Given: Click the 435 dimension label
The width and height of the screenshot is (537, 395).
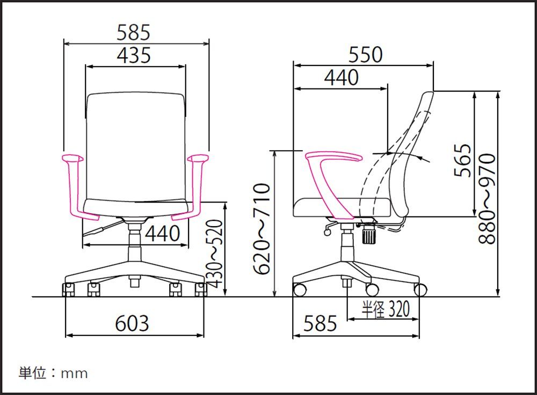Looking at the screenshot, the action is click(134, 55).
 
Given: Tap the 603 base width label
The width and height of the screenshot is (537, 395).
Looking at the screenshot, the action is click(132, 323).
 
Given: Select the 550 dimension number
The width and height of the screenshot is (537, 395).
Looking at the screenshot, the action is click(365, 55).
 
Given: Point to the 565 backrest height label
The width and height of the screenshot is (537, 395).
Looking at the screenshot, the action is click(462, 160).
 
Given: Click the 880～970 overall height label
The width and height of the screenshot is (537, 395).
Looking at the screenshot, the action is click(487, 198).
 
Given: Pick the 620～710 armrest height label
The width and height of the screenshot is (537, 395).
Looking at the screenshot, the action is click(262, 229).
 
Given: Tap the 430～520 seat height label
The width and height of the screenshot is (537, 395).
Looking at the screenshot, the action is click(214, 254).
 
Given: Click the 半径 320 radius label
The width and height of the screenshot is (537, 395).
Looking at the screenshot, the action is click(386, 309).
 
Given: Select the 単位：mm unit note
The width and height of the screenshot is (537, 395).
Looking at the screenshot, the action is click(53, 373).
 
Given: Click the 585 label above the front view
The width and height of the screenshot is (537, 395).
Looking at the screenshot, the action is click(134, 33).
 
